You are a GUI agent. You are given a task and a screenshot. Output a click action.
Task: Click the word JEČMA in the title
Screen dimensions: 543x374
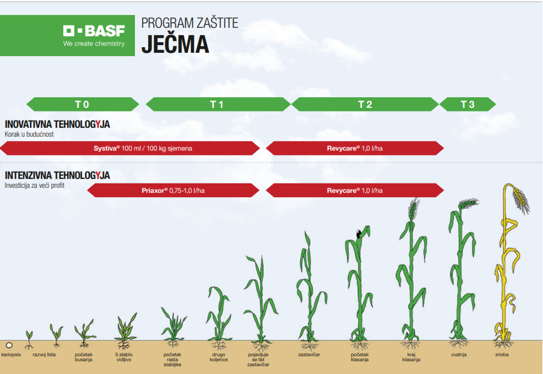[175, 44]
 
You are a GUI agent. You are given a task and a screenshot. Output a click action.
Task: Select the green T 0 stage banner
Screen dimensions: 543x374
[83, 104]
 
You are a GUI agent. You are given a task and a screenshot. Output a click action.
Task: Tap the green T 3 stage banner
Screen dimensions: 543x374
[468, 104]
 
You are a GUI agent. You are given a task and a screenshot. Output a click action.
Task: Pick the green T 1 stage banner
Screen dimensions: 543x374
[218, 104]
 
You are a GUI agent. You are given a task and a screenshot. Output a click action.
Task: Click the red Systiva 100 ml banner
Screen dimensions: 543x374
[130, 148]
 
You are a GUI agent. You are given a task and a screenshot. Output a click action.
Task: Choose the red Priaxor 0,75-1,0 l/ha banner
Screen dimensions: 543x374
[173, 190]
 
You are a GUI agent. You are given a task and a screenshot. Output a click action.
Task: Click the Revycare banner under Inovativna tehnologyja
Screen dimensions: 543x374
[355, 148]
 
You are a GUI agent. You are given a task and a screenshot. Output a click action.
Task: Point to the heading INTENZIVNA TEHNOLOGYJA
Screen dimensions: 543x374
[57, 176]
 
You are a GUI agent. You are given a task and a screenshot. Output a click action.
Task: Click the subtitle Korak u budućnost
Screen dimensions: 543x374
[29, 134]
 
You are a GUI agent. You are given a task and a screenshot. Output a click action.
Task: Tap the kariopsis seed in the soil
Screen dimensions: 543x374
[9, 345]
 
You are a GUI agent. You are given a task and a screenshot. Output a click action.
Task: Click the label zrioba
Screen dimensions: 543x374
[502, 354]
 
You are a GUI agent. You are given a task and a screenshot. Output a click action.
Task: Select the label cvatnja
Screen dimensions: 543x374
[459, 354]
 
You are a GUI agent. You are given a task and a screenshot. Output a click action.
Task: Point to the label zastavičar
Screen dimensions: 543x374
[309, 354]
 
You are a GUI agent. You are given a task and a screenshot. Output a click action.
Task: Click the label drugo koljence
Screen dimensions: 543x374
[219, 357]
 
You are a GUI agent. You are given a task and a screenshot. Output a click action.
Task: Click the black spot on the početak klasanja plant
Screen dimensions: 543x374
[359, 234]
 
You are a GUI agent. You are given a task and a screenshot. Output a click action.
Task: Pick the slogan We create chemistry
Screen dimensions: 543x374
[94, 43]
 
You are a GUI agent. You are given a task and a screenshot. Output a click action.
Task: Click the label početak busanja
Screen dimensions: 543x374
[84, 357]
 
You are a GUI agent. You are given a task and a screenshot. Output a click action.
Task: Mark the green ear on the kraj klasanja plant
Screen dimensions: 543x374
[413, 209]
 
